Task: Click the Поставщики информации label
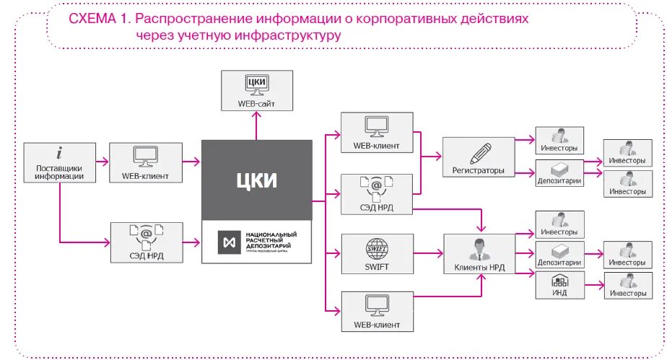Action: click(60, 172)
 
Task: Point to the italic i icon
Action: click(59, 153)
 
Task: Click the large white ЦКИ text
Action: click(256, 180)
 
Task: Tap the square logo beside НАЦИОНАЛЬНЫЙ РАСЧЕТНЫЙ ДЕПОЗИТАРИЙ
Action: click(230, 242)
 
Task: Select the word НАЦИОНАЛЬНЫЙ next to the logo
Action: click(271, 235)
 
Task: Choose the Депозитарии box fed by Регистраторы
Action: click(559, 173)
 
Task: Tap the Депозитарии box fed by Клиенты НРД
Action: click(559, 254)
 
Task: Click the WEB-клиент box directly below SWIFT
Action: click(377, 311)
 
